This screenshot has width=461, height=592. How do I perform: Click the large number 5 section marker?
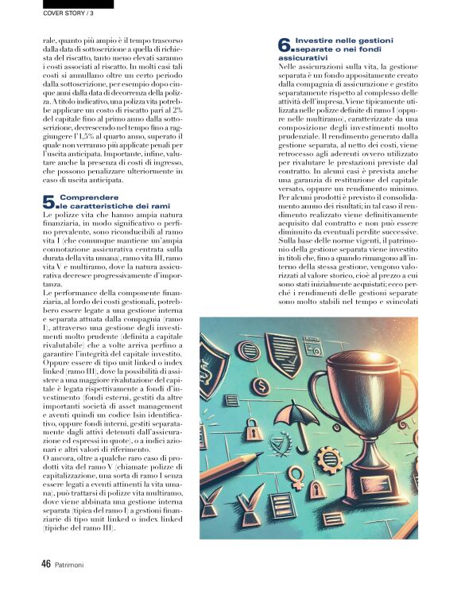(48, 203)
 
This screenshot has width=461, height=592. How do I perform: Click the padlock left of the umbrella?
(252, 430)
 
